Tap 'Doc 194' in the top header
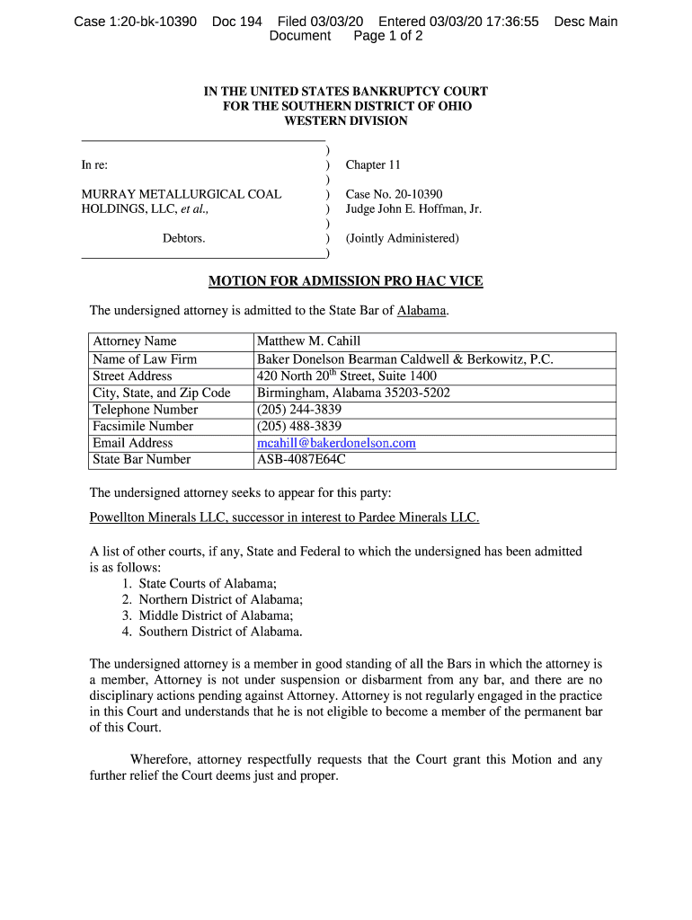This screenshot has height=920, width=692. click(237, 21)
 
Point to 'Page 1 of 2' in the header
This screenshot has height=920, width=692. click(388, 36)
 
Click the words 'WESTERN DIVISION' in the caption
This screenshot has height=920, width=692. click(346, 121)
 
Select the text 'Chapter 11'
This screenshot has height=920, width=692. click(373, 165)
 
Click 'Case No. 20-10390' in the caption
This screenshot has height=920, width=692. click(394, 194)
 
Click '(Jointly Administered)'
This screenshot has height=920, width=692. click(403, 239)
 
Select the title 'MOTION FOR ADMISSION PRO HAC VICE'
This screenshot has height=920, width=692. click(346, 281)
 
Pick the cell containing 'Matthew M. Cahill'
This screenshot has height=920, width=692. click(308, 341)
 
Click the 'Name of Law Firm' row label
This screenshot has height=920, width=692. click(145, 359)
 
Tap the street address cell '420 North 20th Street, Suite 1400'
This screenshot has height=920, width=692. click(347, 376)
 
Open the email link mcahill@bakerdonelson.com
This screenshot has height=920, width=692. click(336, 443)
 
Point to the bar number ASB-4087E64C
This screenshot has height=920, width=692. click(301, 460)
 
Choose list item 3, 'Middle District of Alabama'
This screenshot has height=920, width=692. click(216, 615)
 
